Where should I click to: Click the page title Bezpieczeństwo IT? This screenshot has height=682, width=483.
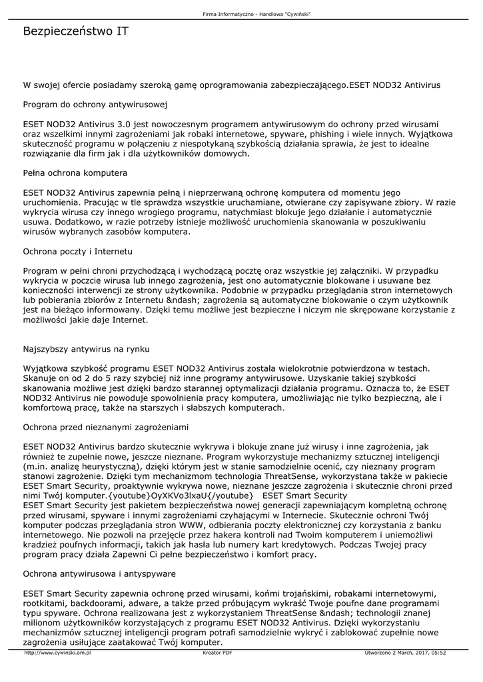tap(76, 32)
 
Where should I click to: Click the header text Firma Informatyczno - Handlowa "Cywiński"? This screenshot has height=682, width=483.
tap(257, 14)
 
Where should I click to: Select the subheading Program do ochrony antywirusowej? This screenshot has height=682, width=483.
tap(95, 105)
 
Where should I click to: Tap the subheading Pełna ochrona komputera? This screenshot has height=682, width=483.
tap(75, 173)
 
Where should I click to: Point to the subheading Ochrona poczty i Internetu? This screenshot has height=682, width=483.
tap(78, 252)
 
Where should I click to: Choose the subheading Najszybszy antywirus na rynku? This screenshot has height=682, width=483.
tap(87, 349)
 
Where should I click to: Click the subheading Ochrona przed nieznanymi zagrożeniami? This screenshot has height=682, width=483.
tap(107, 427)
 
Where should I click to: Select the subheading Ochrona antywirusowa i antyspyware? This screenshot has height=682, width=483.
tap(99, 573)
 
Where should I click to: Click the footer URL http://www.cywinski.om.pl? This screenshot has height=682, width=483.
tap(57, 653)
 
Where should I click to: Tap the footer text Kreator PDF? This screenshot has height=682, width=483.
tap(217, 653)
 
